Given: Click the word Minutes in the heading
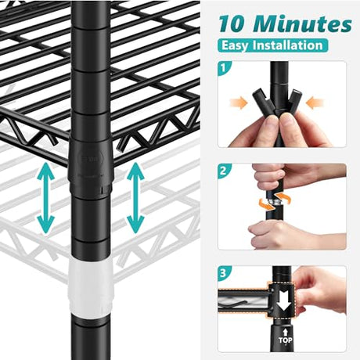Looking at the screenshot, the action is (302, 24).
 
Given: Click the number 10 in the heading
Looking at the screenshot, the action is (232, 24).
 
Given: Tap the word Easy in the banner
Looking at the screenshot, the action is (235, 45).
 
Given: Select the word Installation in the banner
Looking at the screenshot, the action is (286, 45).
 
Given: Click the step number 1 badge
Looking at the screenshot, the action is (223, 68).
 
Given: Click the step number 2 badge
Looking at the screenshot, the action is (223, 171).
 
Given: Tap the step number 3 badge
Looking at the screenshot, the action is (223, 273).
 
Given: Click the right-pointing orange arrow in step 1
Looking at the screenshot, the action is (239, 103).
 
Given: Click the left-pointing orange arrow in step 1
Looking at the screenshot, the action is (315, 103).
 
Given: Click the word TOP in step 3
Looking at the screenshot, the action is (286, 340).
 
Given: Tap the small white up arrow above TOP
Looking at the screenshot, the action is (286, 332).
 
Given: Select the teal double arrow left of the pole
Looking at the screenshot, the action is (46, 198).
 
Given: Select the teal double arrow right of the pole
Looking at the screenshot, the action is (135, 198).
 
